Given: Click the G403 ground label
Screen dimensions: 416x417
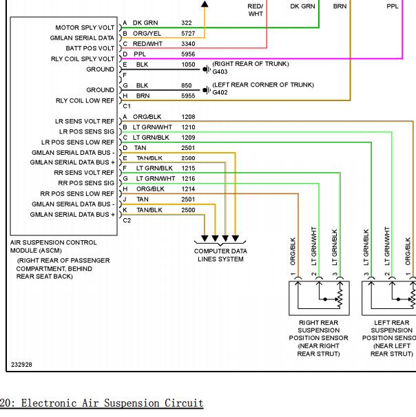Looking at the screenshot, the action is pos(220,72).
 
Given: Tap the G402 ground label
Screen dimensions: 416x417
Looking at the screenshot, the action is pos(220,92).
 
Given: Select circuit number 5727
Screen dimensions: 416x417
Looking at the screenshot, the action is pos(188,34).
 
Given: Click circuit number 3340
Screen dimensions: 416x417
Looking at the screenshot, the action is pos(188,44).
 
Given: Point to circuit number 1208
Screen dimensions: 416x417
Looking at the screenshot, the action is pos(188,117).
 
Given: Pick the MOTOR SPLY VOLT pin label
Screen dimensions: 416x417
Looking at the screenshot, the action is pos(85,28).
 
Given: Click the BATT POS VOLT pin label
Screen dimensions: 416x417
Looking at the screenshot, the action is pos(90,48).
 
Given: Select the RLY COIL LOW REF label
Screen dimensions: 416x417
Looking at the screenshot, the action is pos(85,100).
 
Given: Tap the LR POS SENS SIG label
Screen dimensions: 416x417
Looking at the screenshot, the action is pos(87,131).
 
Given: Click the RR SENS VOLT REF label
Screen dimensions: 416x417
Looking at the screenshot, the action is pos(84,173).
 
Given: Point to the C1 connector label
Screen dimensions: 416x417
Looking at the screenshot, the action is pos(127,107).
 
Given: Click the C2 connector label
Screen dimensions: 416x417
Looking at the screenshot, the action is pos(127,220).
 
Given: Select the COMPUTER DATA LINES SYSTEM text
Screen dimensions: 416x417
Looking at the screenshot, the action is pos(220,255).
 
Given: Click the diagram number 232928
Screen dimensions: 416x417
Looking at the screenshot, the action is pos(21,365).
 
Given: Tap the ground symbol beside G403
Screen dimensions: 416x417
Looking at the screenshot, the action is pos(207,69).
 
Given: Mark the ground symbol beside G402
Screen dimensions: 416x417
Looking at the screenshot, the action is pos(207,90).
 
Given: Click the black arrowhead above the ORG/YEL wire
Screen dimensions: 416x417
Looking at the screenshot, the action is pos(205,3).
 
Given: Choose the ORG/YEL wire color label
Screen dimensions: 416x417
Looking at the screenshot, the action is pos(147,34).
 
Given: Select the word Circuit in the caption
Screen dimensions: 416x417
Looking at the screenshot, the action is pos(184,403).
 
